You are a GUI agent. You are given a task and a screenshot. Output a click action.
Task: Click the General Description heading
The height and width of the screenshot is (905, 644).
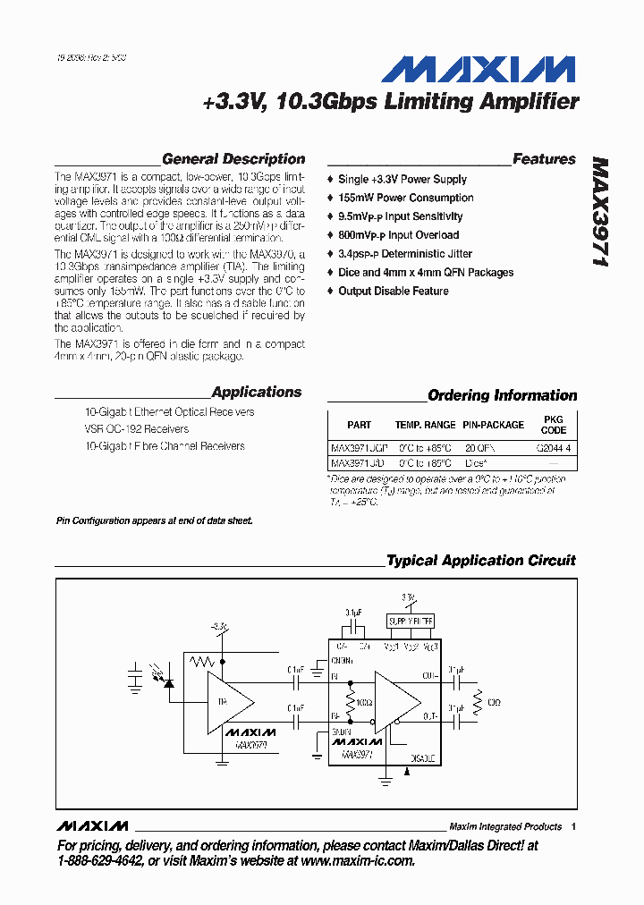(x=233, y=159)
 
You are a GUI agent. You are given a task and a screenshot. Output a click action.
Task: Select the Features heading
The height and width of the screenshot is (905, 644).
(x=544, y=159)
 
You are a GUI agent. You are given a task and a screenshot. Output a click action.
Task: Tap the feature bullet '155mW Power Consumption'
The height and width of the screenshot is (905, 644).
(x=405, y=198)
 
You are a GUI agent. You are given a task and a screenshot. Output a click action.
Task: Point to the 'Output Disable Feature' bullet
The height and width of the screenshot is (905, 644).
(x=393, y=291)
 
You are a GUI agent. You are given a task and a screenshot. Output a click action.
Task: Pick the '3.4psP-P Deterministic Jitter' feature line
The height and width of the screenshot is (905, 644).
(x=404, y=254)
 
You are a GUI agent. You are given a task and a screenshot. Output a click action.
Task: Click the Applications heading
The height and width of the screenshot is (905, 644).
(x=257, y=392)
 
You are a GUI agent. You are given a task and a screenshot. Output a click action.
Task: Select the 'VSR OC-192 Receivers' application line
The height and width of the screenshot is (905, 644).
(x=136, y=429)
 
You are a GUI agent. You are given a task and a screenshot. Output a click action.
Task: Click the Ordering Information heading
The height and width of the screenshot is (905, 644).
(x=502, y=395)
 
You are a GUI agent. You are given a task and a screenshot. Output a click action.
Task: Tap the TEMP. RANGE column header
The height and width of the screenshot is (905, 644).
(x=425, y=425)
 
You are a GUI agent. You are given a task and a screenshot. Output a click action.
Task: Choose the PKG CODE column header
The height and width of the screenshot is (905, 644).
(x=554, y=424)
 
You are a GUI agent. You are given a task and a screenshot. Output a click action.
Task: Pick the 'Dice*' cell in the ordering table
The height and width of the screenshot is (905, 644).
(x=476, y=464)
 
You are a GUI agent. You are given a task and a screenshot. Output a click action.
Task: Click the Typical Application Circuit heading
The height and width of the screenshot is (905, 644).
(x=480, y=561)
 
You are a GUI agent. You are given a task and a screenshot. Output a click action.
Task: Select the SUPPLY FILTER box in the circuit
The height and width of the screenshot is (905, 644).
(x=410, y=621)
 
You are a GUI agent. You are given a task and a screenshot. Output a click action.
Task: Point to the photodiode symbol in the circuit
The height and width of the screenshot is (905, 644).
(x=168, y=683)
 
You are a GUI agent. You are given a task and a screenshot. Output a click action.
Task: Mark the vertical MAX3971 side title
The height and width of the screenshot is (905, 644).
(x=600, y=215)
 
